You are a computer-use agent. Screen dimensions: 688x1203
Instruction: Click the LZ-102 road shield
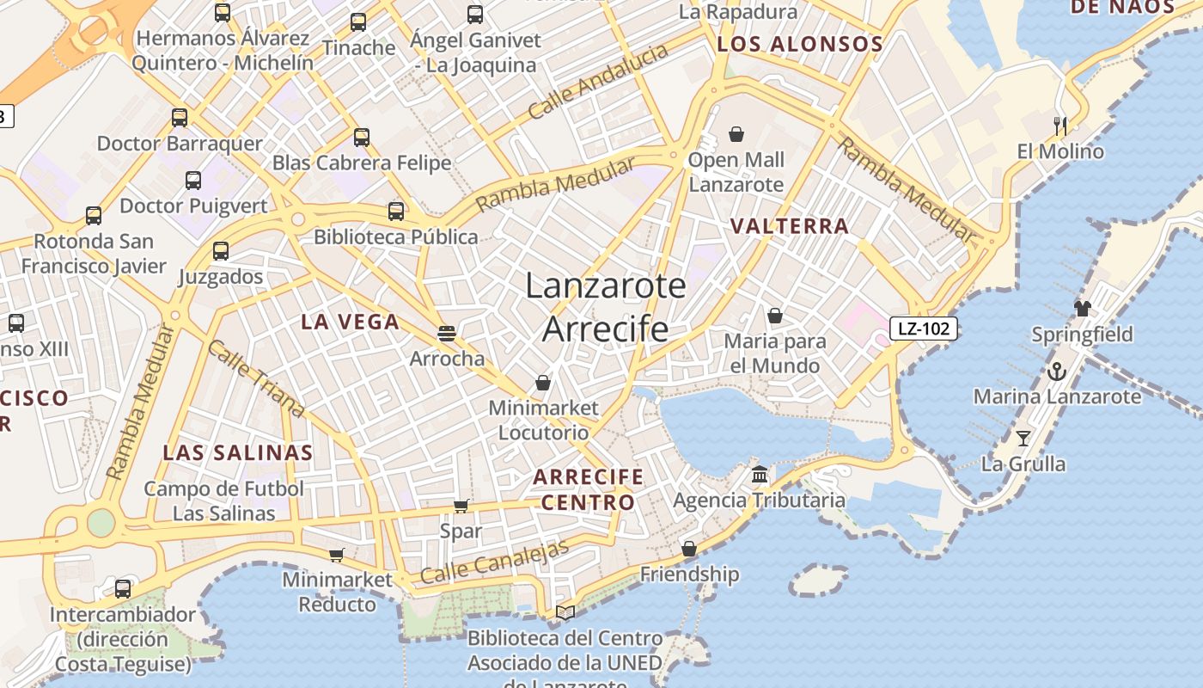(923, 328)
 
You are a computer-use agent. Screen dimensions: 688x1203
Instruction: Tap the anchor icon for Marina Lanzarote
(1057, 372)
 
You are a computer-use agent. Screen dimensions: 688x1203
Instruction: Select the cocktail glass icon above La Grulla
(1023, 439)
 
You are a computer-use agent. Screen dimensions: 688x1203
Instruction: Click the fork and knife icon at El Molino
(1059, 126)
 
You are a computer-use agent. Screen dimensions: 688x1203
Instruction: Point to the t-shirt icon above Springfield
(1082, 309)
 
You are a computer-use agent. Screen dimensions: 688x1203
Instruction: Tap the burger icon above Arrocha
(445, 333)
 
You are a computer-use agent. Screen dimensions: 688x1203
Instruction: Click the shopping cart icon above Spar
(461, 506)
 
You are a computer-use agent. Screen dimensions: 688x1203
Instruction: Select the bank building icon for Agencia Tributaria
(760, 475)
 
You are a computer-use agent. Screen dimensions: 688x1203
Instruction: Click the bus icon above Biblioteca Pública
(395, 211)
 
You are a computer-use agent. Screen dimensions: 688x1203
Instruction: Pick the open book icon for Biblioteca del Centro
(565, 612)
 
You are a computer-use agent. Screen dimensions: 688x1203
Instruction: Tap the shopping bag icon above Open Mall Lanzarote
(736, 134)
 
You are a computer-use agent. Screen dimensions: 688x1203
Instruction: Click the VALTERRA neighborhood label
(789, 226)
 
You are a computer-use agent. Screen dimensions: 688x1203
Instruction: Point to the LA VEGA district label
(350, 322)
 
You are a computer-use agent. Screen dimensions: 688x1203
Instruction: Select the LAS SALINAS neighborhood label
(238, 452)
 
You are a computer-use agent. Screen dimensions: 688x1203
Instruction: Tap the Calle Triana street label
(256, 378)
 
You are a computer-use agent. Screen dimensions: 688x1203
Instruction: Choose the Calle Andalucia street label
(598, 82)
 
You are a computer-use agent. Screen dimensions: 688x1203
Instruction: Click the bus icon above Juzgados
(221, 251)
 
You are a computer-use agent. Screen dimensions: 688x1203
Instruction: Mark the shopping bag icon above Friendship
(688, 549)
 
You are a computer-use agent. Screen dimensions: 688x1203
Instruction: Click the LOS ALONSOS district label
(799, 45)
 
